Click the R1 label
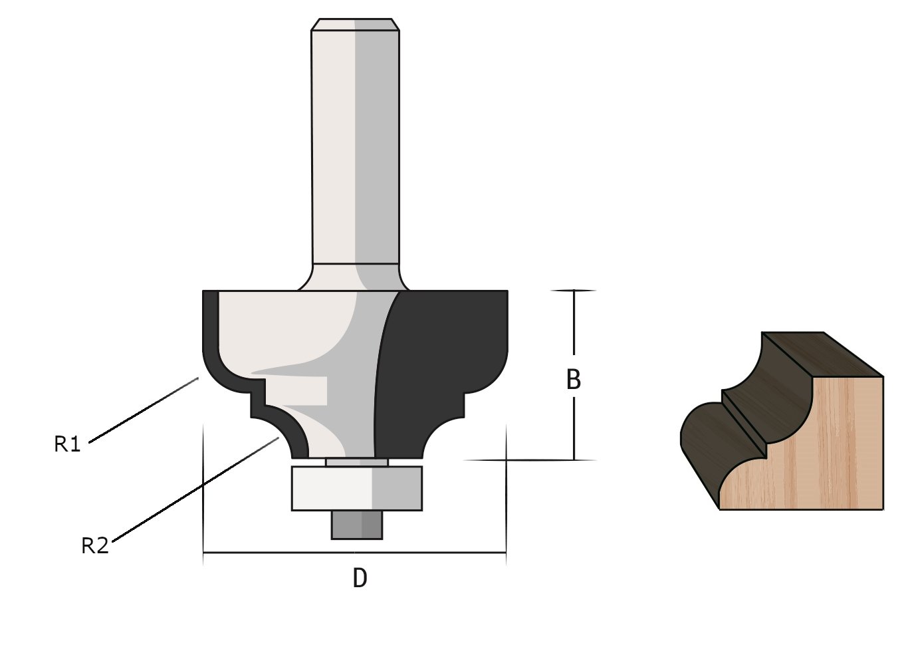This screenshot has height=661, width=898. point(67,444)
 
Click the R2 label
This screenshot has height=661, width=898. point(94,546)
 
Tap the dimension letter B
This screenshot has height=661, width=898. point(573,380)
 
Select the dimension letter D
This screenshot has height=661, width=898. point(360,578)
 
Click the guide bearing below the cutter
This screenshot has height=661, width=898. point(356,488)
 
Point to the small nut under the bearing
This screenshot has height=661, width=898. point(356,524)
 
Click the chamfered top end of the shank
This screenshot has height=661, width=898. point(355,25)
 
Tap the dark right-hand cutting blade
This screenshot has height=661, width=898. point(439,359)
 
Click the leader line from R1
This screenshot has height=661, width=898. point(143,410)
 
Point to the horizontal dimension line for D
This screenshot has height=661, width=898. point(279,553)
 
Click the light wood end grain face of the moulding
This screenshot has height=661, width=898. point(824,452)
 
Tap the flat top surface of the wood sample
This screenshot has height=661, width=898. point(824,352)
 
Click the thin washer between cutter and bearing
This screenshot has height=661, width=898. point(356,462)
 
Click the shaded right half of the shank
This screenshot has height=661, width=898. point(376,146)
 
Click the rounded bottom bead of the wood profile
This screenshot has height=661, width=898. point(705,439)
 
